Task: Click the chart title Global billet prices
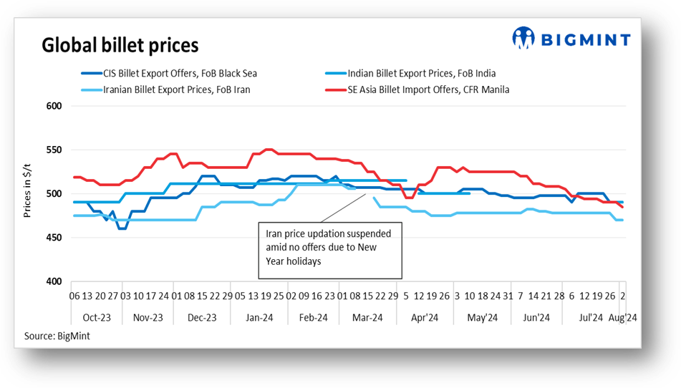[120, 45]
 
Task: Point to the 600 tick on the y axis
[55, 106]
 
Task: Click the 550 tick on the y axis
[55, 150]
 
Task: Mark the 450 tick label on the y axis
[55, 238]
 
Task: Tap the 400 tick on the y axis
[55, 281]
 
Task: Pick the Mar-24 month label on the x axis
[367, 318]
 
